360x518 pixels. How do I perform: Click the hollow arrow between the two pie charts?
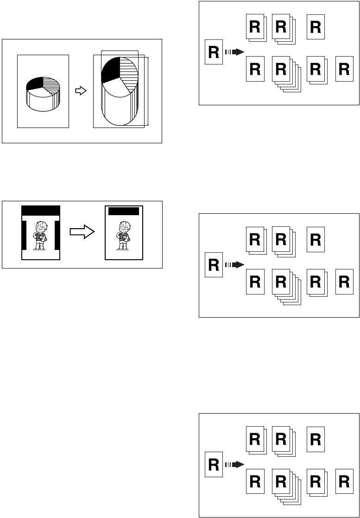click(x=81, y=92)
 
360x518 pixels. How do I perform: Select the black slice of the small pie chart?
click(x=34, y=83)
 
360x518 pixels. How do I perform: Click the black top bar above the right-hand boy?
click(x=123, y=211)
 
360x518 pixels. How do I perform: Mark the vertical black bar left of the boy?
click(x=24, y=234)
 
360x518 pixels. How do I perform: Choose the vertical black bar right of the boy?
click(x=57, y=234)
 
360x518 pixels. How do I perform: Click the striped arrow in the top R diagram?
click(x=234, y=52)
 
